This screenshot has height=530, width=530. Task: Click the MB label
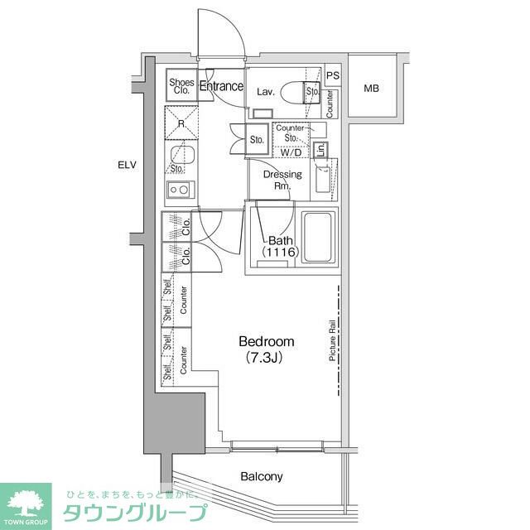371,89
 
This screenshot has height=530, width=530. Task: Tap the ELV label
126,166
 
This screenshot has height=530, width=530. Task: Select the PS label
333,75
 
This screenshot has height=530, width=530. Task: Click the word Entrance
222,86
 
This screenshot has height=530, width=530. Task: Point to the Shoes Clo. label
181,86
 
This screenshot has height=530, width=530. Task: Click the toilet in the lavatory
294,92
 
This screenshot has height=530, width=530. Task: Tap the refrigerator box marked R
181,123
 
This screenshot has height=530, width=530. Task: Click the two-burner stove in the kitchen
180,190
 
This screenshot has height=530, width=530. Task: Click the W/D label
290,152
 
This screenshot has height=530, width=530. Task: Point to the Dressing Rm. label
282,180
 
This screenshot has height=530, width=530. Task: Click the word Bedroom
267,341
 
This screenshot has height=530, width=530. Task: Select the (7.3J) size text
267,358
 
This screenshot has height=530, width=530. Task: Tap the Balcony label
262,476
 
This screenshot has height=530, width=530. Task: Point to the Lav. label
265,92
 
